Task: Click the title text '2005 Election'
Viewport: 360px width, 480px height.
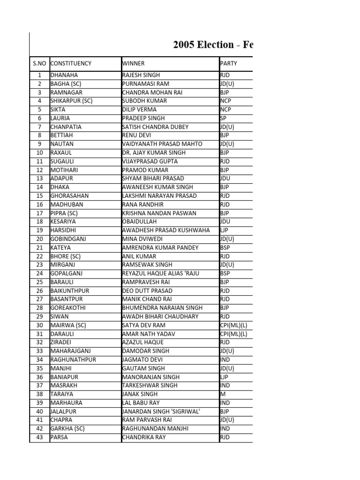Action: tap(203, 45)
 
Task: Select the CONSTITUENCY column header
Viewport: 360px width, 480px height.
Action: tap(71, 63)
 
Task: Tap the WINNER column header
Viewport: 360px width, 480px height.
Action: tap(134, 63)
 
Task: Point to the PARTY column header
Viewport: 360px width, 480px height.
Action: tap(229, 63)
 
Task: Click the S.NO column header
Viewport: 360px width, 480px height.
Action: tap(39, 63)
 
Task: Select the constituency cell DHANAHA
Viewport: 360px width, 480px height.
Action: tap(64, 75)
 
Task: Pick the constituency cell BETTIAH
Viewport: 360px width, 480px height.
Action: tap(62, 135)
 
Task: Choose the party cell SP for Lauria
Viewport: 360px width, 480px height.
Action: tap(223, 118)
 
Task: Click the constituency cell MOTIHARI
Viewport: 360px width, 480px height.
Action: tap(64, 170)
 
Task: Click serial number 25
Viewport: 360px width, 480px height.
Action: tap(39, 282)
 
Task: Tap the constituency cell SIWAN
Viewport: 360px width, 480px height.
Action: tap(59, 316)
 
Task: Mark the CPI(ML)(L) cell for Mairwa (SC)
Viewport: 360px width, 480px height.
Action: tap(233, 325)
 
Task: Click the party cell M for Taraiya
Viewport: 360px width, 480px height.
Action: tap(223, 394)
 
